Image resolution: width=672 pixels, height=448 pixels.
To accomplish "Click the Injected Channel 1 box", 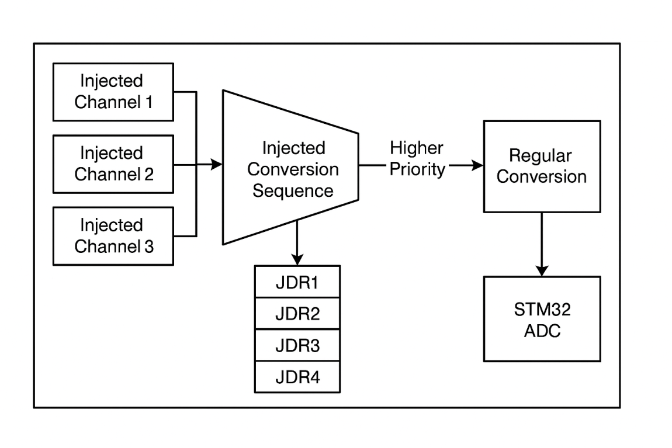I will pyautogui.click(x=113, y=92).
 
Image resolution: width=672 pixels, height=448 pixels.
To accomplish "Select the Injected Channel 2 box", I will pyautogui.click(x=113, y=164).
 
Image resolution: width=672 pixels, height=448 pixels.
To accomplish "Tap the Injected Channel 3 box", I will pyautogui.click(x=113, y=236).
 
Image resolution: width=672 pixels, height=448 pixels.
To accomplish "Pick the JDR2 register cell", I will pyautogui.click(x=297, y=314).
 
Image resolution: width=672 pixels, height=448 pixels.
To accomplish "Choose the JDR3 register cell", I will pyautogui.click(x=297, y=346).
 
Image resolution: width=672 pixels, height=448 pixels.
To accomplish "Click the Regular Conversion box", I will pyautogui.click(x=541, y=166).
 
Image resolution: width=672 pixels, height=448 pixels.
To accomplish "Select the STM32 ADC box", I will pyautogui.click(x=541, y=319).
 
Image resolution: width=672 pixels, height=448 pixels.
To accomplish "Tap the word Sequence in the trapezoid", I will pyautogui.click(x=293, y=191).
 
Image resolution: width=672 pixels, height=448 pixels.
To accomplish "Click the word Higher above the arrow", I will pyautogui.click(x=416, y=148).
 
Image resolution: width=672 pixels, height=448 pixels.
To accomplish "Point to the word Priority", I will pyautogui.click(x=417, y=169).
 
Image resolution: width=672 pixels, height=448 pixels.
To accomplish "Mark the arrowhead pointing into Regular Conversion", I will pyautogui.click(x=477, y=165).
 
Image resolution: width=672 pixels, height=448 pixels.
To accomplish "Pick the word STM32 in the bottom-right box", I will pyautogui.click(x=541, y=309).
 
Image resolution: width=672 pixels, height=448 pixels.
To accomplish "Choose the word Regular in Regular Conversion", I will pyautogui.click(x=541, y=156).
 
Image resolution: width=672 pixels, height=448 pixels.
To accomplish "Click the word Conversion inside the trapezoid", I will pyautogui.click(x=293, y=169).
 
